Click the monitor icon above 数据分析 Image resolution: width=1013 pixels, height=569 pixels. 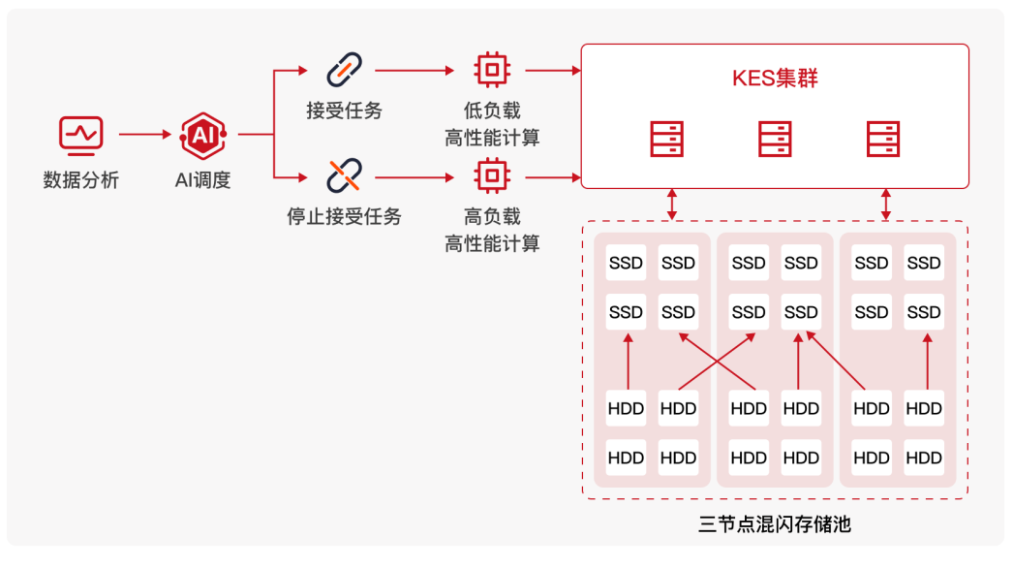pos(80,134)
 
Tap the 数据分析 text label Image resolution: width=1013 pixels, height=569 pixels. pos(80,180)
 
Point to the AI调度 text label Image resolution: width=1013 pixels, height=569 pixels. pos(203,180)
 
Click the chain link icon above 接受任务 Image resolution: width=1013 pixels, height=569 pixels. pos(344,70)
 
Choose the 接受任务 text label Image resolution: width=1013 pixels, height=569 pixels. pos(344,111)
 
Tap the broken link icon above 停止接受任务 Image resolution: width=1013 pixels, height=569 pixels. pos(344,175)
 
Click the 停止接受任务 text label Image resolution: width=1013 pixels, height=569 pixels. pos(344,216)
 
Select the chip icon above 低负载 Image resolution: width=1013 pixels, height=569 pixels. pos(492,70)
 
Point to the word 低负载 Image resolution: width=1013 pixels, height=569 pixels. pos(492,111)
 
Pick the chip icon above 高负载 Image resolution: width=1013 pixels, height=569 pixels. pos(492,175)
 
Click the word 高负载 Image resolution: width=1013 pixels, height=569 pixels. pos(492,216)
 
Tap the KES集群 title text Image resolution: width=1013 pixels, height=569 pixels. pos(775,79)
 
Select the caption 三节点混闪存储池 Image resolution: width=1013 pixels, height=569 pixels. pos(775,525)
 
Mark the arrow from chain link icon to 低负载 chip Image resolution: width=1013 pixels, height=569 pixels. pos(414,71)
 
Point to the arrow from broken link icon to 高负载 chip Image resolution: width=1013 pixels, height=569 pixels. pos(414,177)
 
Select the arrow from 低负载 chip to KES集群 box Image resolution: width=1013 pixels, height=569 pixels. pos(552,71)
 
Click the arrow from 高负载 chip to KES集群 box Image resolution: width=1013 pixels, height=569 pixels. pos(552,177)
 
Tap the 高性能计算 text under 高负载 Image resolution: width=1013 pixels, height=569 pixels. pos(492,243)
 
